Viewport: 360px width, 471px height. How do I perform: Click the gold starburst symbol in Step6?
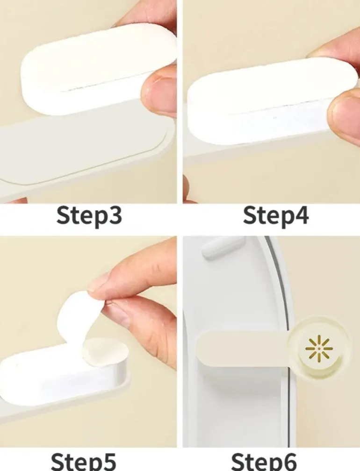point(319,349)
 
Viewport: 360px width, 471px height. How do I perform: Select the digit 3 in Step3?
point(115,216)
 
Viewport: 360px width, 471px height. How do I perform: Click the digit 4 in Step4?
point(302,215)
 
